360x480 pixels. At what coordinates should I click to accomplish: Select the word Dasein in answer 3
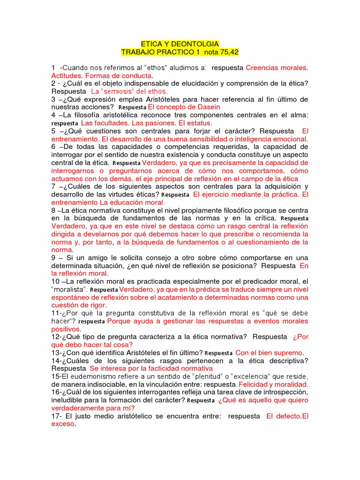(x=207, y=107)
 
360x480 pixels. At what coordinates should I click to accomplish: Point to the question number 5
(x=54, y=131)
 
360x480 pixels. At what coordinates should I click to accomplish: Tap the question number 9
(x=54, y=258)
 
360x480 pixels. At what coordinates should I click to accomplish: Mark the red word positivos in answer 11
(x=67, y=329)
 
